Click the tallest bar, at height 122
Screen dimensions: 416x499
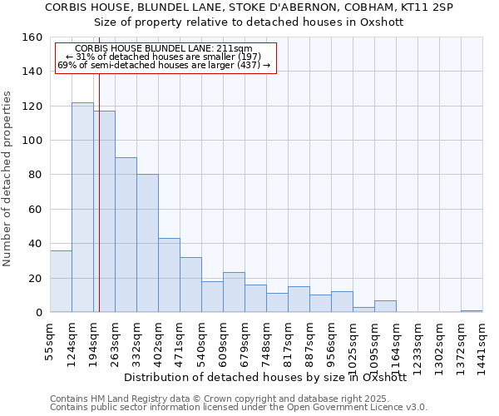point(82,207)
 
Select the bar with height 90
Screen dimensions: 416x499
point(126,235)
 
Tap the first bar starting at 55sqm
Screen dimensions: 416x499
point(61,281)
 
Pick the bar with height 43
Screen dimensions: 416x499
point(169,275)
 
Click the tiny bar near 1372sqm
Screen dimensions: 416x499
point(472,311)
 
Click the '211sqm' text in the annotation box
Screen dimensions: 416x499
point(235,49)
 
